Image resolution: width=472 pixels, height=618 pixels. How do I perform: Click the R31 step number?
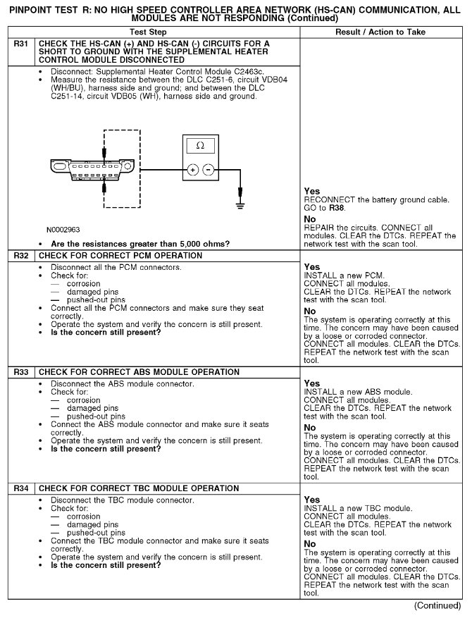(21, 44)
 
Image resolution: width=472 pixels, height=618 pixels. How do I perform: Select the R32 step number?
(21, 256)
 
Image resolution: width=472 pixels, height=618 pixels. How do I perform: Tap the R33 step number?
(21, 372)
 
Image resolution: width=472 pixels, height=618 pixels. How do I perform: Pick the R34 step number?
(21, 488)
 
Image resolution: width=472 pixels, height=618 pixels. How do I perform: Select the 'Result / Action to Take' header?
(380, 32)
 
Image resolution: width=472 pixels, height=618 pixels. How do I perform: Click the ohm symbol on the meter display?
(200, 145)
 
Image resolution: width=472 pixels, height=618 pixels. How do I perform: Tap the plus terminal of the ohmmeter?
(191, 171)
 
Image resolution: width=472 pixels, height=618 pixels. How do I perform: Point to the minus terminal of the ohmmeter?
(209, 171)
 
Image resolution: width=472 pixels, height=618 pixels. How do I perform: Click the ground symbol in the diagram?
(241, 205)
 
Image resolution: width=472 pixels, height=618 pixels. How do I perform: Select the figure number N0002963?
(63, 230)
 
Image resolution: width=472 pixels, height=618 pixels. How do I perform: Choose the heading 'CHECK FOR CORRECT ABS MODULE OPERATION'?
(139, 372)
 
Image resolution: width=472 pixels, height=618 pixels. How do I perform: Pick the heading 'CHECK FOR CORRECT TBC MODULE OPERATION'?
(139, 488)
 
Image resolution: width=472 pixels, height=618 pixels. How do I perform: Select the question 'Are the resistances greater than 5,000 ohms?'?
(141, 244)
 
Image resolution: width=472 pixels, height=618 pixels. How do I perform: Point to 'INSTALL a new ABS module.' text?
(358, 392)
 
